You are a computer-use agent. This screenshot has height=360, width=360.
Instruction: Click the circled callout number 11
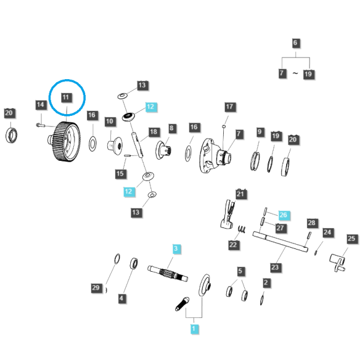point(66,97)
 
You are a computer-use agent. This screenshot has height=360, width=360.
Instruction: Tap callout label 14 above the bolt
point(40,105)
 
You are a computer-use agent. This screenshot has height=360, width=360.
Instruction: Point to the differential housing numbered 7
point(215,155)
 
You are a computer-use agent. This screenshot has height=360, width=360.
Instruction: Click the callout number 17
point(230,107)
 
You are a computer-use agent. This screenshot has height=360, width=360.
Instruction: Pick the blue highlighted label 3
point(176,248)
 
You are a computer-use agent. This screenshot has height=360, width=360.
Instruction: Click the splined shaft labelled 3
point(167,273)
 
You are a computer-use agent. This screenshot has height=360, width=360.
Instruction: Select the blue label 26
point(283,215)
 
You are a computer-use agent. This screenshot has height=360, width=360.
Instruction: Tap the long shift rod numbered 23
point(280,242)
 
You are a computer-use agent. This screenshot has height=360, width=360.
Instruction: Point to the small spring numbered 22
point(242,229)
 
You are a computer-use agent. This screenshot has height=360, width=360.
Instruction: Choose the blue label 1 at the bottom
point(194,329)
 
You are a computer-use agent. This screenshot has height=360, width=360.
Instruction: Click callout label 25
point(351,239)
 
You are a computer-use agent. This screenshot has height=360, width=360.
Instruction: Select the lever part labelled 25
point(337,262)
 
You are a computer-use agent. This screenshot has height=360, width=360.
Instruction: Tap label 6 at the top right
point(295,43)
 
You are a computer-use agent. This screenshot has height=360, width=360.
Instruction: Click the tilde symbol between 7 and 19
point(295,73)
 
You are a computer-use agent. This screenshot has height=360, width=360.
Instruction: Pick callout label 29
point(96,287)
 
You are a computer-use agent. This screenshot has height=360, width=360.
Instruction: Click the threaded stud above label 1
point(182,304)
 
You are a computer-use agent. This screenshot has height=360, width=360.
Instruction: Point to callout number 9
point(259,132)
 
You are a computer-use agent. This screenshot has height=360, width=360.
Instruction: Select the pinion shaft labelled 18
point(137,145)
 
